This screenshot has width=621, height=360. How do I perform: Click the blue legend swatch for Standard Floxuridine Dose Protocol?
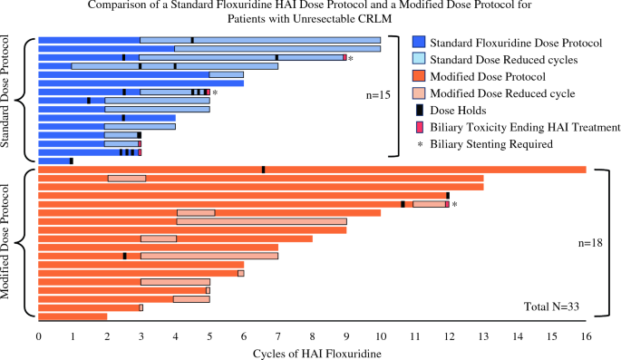(x=417, y=43)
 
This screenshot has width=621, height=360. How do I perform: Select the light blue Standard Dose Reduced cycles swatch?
(x=417, y=60)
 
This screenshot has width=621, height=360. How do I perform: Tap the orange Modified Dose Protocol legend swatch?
(x=417, y=77)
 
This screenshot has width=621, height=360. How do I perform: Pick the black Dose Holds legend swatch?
(x=417, y=111)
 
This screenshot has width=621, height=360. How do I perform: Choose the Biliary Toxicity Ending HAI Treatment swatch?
(x=417, y=128)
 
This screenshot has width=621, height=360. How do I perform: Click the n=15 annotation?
(x=373, y=92)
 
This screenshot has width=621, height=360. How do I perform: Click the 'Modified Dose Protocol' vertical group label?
(x=9, y=242)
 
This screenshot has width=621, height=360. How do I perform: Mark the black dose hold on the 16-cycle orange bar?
(x=263, y=170)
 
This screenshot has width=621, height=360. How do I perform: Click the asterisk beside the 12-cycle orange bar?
(x=454, y=205)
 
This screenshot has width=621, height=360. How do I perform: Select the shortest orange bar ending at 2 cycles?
(x=73, y=316)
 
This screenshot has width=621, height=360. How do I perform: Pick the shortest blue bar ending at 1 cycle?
(x=54, y=161)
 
